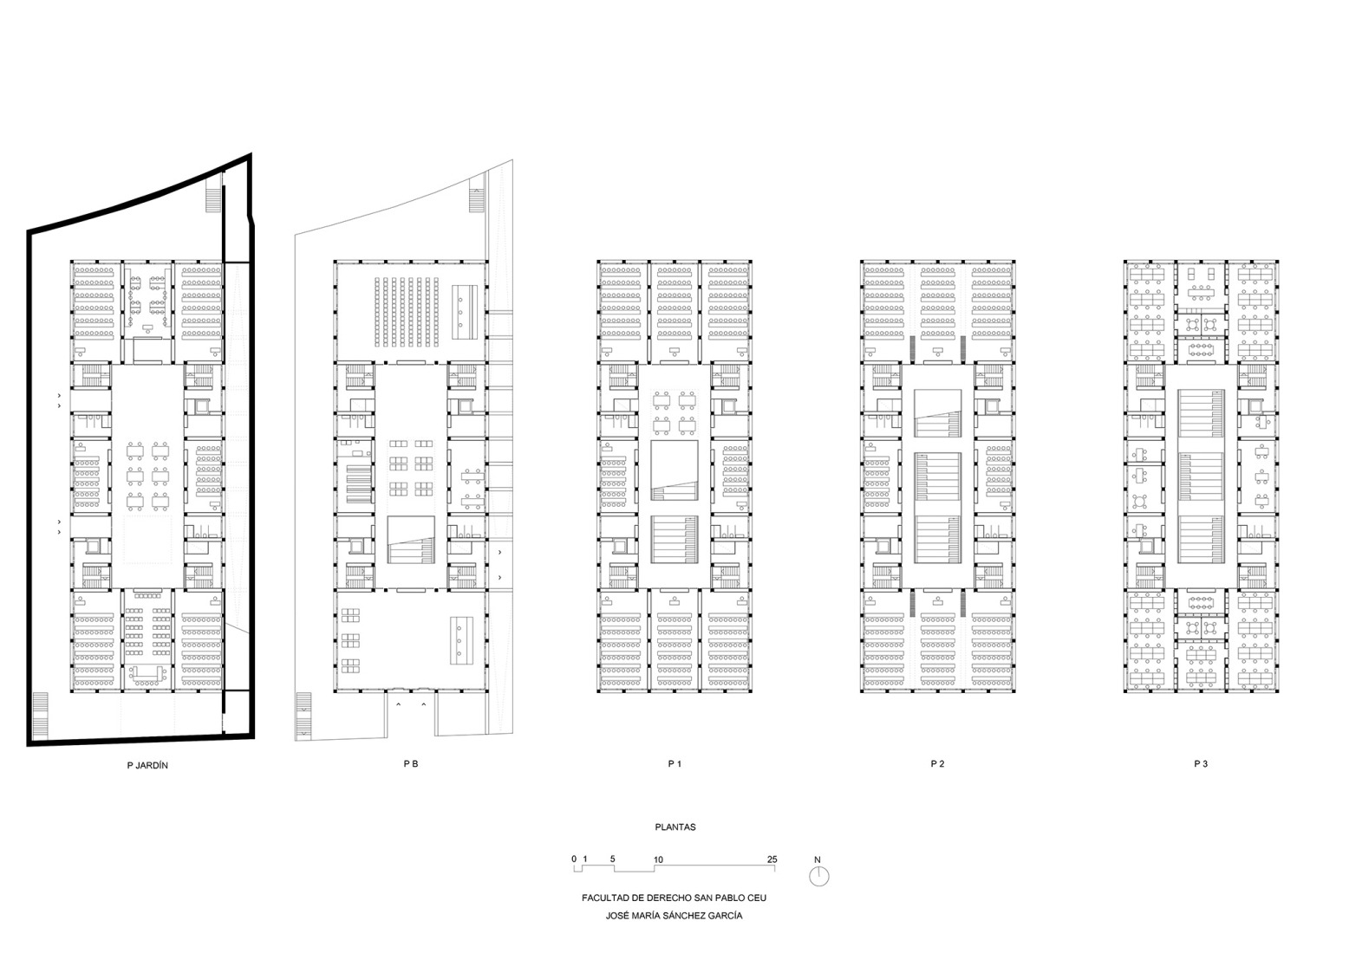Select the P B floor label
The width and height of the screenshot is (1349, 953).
tap(411, 764)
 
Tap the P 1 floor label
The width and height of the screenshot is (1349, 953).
tap(674, 764)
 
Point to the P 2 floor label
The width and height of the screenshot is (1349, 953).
tap(937, 764)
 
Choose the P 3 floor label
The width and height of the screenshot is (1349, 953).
tap(1201, 764)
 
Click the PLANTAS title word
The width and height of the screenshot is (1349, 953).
tap(674, 827)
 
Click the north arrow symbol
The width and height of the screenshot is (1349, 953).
tap(818, 877)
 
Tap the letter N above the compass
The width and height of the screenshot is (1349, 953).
tap(818, 860)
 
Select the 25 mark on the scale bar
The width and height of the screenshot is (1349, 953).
tap(772, 859)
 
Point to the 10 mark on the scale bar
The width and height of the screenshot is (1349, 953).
tap(658, 859)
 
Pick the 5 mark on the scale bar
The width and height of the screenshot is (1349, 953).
tap(612, 859)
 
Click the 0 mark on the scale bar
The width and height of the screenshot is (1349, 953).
tap(574, 859)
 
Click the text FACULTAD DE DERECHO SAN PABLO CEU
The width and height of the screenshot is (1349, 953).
tap(674, 898)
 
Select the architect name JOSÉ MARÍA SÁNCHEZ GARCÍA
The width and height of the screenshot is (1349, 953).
tap(674, 916)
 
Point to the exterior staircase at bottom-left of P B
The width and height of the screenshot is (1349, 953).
tap(303, 715)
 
